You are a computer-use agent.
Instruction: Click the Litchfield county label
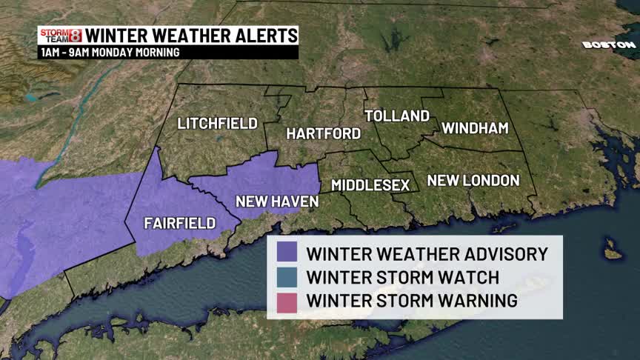[x=217, y=124]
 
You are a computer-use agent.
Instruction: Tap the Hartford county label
[x=324, y=134]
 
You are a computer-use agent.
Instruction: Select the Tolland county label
[x=397, y=116]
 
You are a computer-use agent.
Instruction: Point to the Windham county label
[x=475, y=128]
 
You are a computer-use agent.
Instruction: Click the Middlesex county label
[x=370, y=184]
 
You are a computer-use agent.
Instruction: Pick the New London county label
[x=473, y=180]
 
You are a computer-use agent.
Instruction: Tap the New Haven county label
[x=277, y=201]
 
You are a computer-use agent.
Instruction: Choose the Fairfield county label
[x=180, y=223]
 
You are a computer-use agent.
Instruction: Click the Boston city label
[x=609, y=45]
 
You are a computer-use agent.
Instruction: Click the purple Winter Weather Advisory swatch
[x=286, y=253]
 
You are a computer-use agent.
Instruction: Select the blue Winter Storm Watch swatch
[x=286, y=278]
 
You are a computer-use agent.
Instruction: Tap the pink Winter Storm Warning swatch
[x=286, y=301]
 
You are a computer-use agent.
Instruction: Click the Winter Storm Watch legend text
[x=403, y=278]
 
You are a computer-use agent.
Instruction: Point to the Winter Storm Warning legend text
[x=412, y=301]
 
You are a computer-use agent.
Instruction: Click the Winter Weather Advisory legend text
[x=427, y=254]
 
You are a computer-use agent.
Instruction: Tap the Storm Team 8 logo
[x=60, y=36]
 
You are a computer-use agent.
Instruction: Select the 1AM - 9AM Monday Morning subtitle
[x=110, y=53]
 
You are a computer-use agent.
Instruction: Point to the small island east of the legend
[x=612, y=250]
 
